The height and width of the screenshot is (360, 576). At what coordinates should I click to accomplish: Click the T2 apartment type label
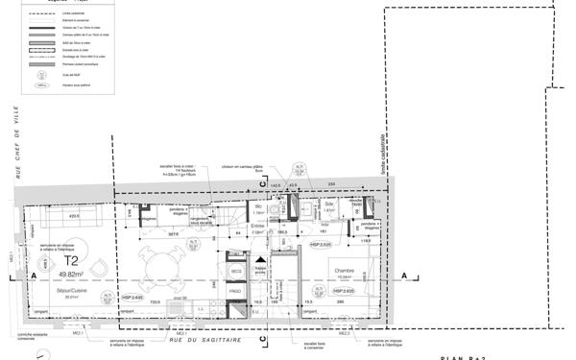tap(70, 260)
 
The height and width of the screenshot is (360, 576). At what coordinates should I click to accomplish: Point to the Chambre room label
tap(345, 271)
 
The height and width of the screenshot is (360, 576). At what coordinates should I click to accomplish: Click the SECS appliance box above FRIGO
tap(235, 272)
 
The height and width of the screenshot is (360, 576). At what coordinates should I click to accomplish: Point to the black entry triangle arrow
tap(260, 258)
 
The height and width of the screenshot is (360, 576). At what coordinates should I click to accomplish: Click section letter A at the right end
tap(404, 276)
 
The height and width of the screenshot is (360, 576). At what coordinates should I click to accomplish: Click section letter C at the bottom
tap(261, 339)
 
